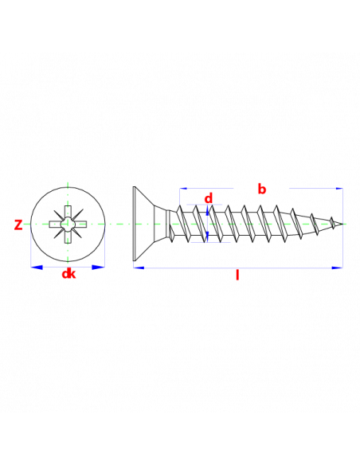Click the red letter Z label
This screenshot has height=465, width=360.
[18, 225]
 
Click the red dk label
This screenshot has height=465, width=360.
[68, 274]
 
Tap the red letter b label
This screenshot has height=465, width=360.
[261, 189]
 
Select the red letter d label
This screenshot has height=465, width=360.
[209, 198]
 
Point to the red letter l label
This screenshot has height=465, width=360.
[237, 275]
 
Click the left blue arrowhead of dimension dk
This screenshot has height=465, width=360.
[37, 268]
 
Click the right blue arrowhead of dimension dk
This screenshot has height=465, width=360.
[99, 268]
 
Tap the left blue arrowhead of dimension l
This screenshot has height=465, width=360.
[139, 268]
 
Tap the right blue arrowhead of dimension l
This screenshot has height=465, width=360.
[337, 268]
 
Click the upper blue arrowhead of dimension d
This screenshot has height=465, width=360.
[207, 209]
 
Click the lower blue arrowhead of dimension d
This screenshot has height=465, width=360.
[207, 236]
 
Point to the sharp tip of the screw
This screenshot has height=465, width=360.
[342, 224]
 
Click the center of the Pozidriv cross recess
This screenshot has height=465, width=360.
[68, 225]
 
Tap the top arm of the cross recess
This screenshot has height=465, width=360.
[68, 212]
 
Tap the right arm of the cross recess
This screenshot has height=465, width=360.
[80, 225]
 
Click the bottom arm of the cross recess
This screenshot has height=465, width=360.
[68, 236]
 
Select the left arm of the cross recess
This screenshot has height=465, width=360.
[56, 225]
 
